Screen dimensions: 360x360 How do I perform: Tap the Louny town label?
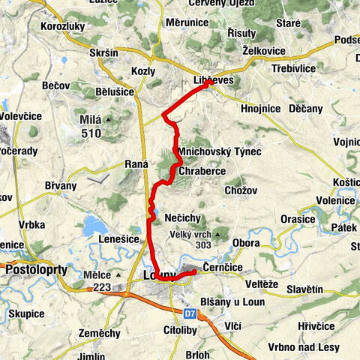[x=157, y=276]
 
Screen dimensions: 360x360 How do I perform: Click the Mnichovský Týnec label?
[x=220, y=152]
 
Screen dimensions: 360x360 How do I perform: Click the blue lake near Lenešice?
[x=95, y=224]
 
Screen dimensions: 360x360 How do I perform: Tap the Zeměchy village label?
[x=99, y=332]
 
